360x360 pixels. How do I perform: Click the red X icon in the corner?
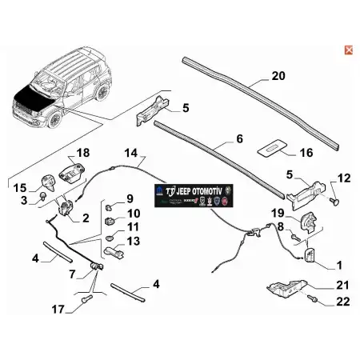click(x=347, y=50)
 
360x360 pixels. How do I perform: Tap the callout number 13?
click(x=134, y=240)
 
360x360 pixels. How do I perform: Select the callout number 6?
click(x=238, y=138)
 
